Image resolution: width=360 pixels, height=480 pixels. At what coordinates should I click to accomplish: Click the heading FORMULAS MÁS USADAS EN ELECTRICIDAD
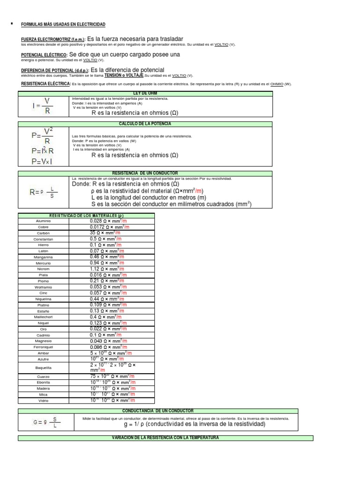tap(63, 24)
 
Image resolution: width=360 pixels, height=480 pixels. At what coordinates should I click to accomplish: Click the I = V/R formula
tap(43, 106)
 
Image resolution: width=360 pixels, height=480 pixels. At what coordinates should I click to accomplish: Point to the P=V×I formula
tap(42, 161)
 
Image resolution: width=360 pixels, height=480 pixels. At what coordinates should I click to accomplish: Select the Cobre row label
tap(43, 227)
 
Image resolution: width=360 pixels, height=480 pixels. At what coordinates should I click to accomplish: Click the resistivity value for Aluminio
tap(107, 221)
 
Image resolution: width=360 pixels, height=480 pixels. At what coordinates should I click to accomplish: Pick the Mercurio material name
tap(43, 263)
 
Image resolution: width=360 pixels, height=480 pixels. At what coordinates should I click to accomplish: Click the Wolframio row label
tap(43, 287)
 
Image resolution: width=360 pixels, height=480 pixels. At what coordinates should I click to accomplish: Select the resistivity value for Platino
tap(108, 305)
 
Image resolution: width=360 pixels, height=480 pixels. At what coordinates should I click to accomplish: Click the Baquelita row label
tap(43, 368)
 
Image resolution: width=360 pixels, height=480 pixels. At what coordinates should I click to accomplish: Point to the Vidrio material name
tap(43, 401)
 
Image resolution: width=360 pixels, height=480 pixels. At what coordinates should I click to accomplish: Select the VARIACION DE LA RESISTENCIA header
tap(165, 438)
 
